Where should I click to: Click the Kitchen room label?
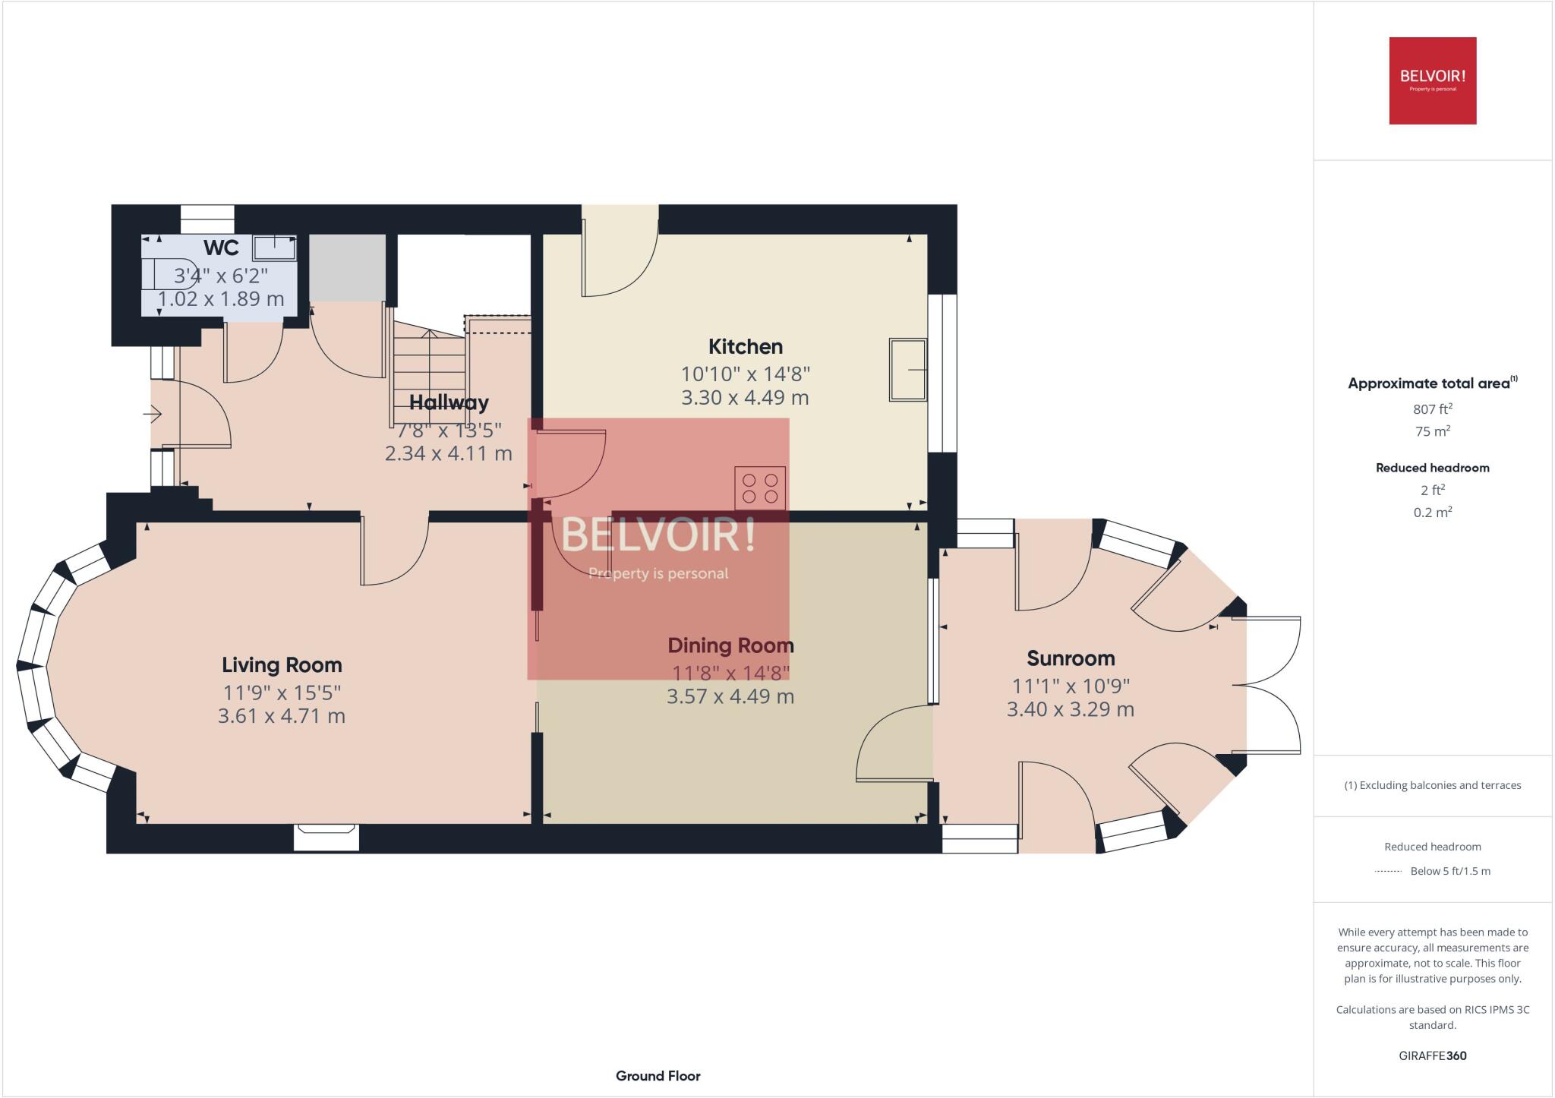(x=745, y=347)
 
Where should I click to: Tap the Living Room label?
(x=282, y=665)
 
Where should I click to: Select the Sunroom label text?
(x=1071, y=658)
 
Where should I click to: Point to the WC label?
(x=221, y=248)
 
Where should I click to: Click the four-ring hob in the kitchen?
(x=760, y=487)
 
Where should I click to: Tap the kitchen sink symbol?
(x=908, y=370)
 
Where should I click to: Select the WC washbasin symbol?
(x=274, y=248)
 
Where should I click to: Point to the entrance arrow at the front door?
(x=152, y=415)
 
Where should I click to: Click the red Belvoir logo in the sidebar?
(x=1433, y=80)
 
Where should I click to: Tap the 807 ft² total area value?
(x=1433, y=409)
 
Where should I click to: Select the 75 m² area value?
(x=1433, y=431)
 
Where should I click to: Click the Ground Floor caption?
(x=658, y=1076)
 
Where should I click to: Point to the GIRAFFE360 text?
(x=1433, y=1055)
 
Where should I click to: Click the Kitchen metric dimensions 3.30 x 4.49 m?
(x=745, y=397)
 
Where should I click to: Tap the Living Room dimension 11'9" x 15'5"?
(x=282, y=693)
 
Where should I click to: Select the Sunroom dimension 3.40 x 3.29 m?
(x=1071, y=709)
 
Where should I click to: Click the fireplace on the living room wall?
(x=326, y=837)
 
